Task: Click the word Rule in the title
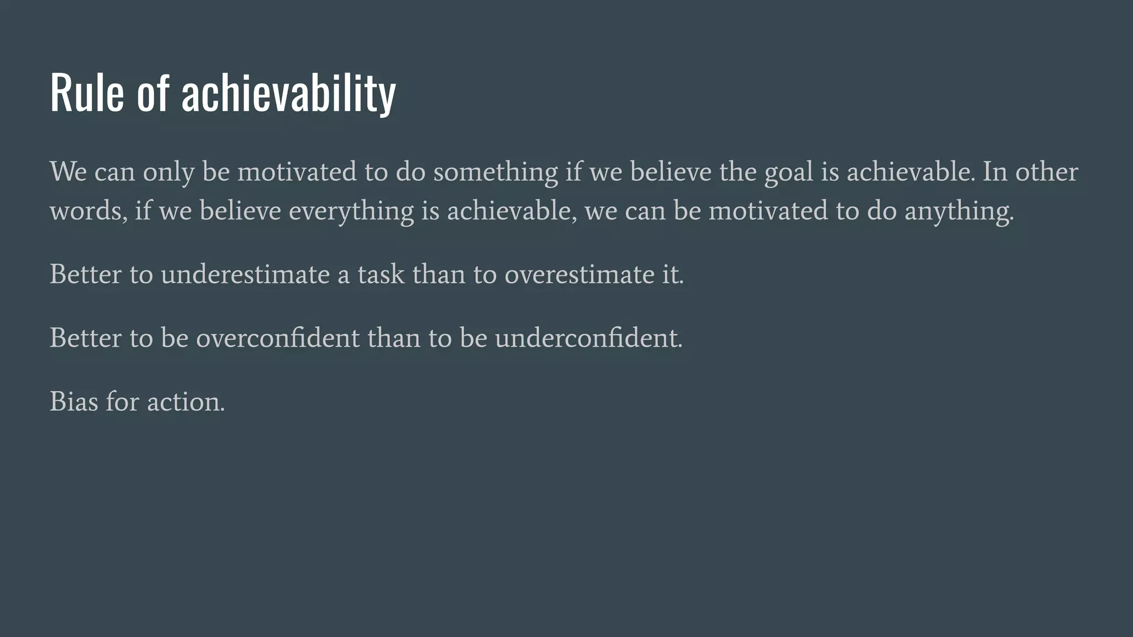87,92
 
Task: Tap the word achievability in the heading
288,92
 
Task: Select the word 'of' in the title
152,92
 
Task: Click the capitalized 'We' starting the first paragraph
68,171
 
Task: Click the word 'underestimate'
245,274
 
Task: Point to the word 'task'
381,274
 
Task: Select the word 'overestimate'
579,274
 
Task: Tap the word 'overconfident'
278,338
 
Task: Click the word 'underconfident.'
589,338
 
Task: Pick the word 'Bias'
74,401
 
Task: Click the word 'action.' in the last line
186,401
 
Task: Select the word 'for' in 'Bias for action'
122,401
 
